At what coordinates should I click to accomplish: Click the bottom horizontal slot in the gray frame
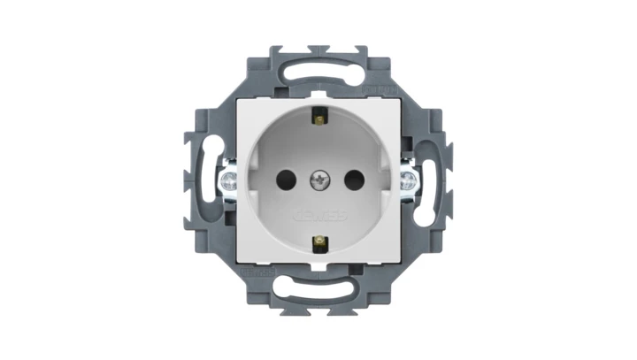[x=318, y=293]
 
